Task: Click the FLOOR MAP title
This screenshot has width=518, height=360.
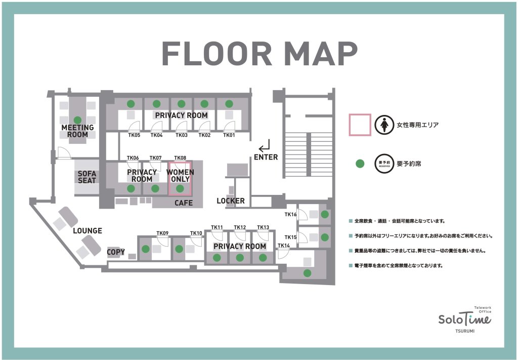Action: pyautogui.click(x=260, y=54)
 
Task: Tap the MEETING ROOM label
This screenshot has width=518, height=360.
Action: pyautogui.click(x=77, y=131)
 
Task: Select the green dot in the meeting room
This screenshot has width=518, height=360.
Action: pyautogui.click(x=77, y=120)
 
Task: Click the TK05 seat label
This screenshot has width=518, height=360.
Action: pyautogui.click(x=134, y=135)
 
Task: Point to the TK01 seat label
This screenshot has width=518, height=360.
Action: pyautogui.click(x=229, y=135)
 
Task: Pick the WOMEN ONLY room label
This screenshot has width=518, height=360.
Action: pyautogui.click(x=180, y=176)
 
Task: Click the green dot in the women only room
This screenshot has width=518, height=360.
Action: pyautogui.click(x=180, y=188)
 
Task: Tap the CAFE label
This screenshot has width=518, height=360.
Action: pyautogui.click(x=184, y=203)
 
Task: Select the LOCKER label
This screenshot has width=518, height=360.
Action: pyautogui.click(x=231, y=201)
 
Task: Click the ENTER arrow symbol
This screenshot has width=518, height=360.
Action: pyautogui.click(x=265, y=146)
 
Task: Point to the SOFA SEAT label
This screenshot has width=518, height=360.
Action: pyautogui.click(x=87, y=177)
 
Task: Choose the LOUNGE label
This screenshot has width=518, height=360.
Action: pyautogui.click(x=88, y=230)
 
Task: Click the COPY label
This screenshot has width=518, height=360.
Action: pyautogui.click(x=116, y=252)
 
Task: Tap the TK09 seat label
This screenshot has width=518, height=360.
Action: pyautogui.click(x=162, y=233)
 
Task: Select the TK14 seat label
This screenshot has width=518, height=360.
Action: pyautogui.click(x=284, y=245)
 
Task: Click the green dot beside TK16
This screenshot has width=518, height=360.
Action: pyautogui.click(x=325, y=214)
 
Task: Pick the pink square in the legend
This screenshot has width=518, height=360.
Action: pyautogui.click(x=360, y=125)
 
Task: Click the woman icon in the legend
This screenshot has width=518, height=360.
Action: pyautogui.click(x=384, y=125)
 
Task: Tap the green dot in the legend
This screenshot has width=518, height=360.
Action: pyautogui.click(x=360, y=164)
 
